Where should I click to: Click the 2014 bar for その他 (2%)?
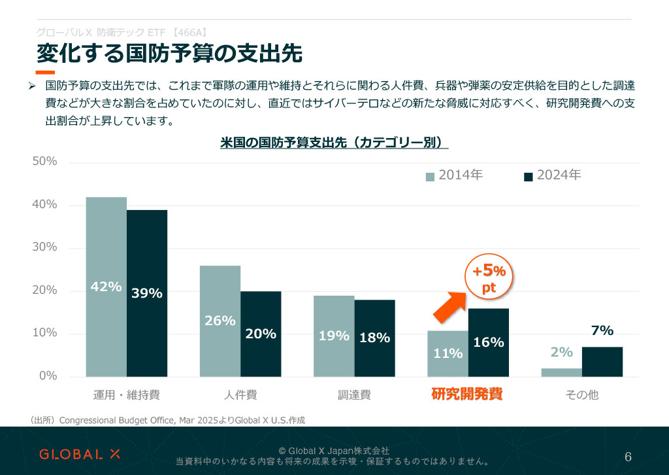click(561, 372)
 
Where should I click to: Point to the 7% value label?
click(602, 331)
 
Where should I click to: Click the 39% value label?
click(146, 293)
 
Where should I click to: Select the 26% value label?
click(220, 321)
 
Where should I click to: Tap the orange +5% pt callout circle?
click(489, 278)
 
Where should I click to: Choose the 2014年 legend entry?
click(455, 175)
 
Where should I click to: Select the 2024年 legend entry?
click(553, 175)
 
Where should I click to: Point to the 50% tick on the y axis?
click(45, 162)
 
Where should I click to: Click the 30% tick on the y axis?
click(45, 247)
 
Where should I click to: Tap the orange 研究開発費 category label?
click(466, 395)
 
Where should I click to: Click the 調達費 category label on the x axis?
click(354, 395)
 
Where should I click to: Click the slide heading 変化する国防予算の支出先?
click(169, 54)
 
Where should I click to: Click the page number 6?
click(628, 456)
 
